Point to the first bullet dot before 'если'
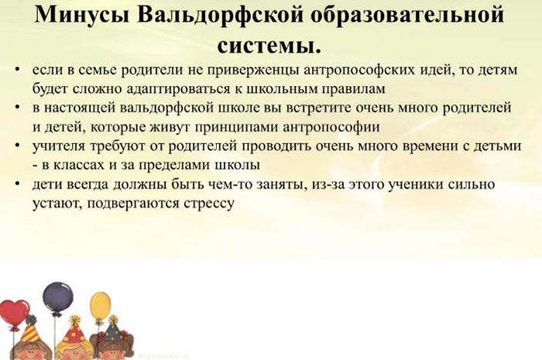pyautogui.click(x=18, y=70)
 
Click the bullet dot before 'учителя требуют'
pyautogui.click(x=18, y=145)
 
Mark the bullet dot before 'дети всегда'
pyautogui.click(x=18, y=183)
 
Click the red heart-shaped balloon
pyautogui.click(x=14, y=314)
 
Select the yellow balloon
pyautogui.click(x=100, y=305)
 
